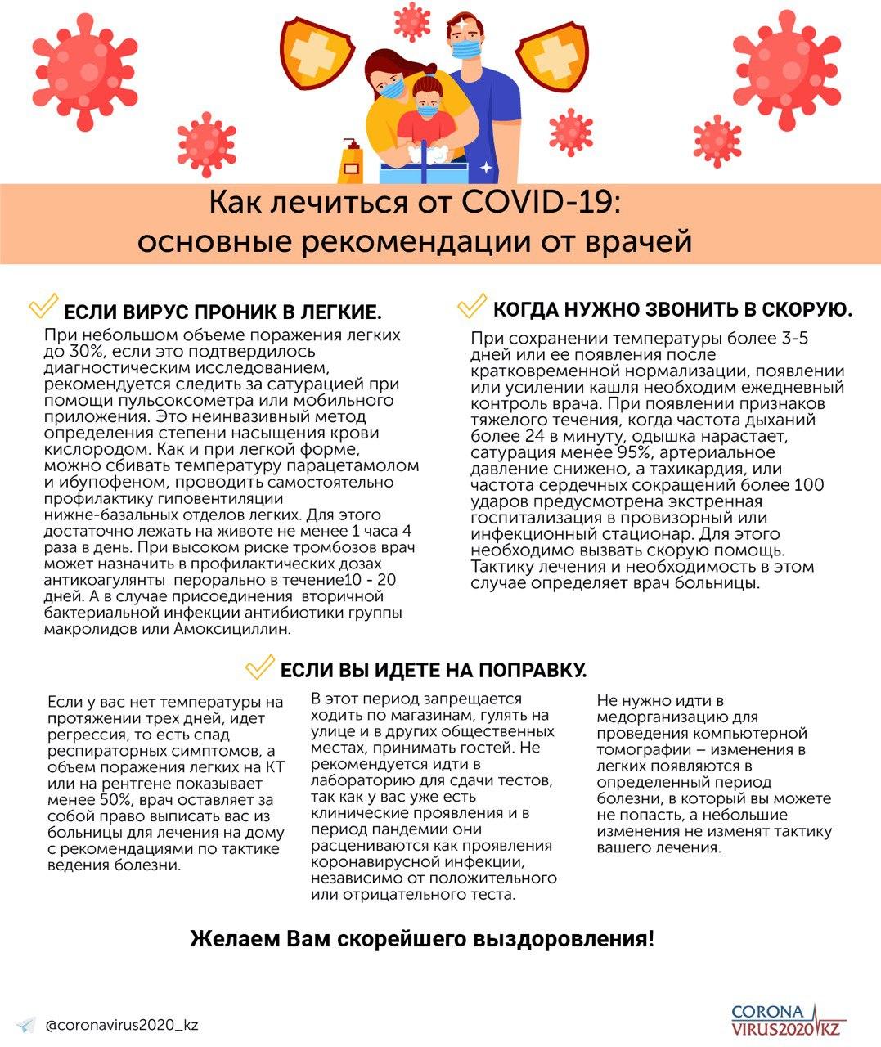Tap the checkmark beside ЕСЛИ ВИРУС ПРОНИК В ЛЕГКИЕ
[x=43, y=307]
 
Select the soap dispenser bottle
[x=352, y=160]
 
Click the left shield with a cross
[x=310, y=50]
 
